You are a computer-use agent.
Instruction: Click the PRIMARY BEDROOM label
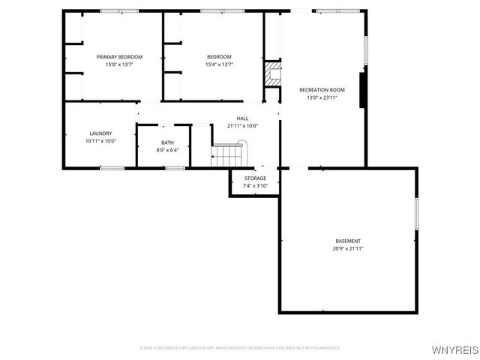(119, 57)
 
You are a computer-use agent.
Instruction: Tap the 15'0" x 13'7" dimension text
(119, 64)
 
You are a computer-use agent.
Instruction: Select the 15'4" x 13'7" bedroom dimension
(219, 64)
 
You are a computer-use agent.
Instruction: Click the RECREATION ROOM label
(322, 90)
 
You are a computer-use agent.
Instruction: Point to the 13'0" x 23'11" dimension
(322, 97)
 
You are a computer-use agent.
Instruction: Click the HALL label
(242, 118)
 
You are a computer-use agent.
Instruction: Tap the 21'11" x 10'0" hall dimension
(242, 126)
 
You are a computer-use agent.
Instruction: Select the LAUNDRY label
(100, 133)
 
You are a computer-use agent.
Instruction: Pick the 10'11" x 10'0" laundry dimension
(100, 141)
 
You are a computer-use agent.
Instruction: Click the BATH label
(167, 142)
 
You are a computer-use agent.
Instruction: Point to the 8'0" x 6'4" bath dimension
(167, 150)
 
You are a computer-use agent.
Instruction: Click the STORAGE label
(255, 178)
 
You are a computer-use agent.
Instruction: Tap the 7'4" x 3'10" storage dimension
(255, 185)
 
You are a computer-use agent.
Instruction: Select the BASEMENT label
(348, 241)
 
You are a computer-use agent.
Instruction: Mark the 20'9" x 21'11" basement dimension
(348, 248)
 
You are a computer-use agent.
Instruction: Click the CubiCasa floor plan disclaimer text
(240, 348)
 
